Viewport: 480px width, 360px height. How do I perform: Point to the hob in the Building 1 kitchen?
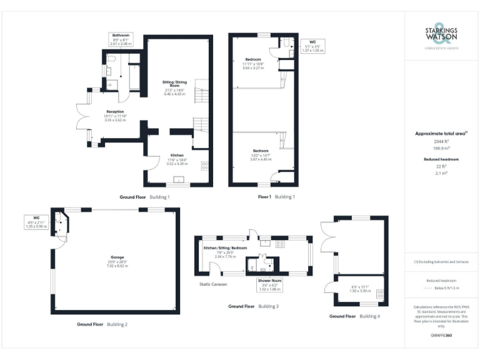click(x=204, y=166)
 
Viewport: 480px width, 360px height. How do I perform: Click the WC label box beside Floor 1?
click(x=312, y=46)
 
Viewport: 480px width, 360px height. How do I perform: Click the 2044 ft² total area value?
click(x=441, y=142)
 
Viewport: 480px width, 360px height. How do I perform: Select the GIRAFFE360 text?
click(x=441, y=336)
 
